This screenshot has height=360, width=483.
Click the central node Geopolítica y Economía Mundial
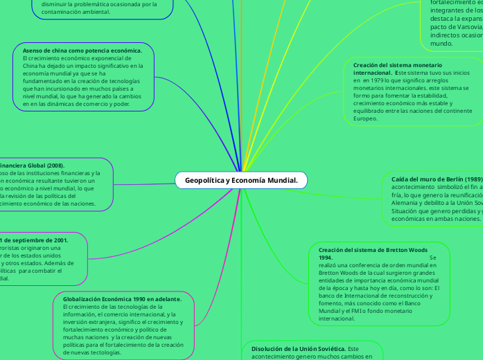240,181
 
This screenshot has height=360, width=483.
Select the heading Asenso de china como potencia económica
82,51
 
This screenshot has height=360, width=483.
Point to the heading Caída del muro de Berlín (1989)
435,178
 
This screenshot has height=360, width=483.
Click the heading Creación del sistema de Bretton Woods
373,249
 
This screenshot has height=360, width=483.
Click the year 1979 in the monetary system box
369,80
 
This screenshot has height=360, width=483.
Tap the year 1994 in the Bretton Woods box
326,258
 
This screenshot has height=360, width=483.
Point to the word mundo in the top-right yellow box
441,43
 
